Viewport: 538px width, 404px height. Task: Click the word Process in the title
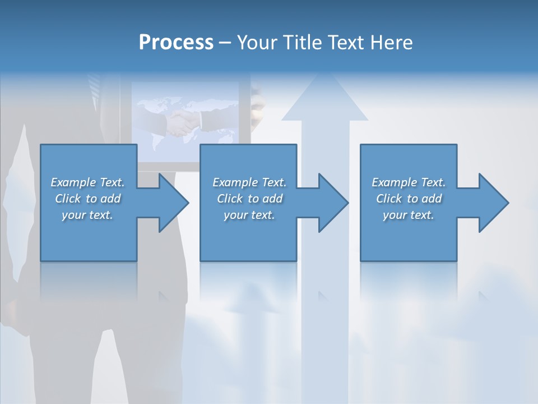pos(176,43)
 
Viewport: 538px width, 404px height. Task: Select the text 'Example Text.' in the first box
pos(87,182)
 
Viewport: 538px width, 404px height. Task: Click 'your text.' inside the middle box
pos(249,215)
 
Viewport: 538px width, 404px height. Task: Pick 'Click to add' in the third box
pos(409,199)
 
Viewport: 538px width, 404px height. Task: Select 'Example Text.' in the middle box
pos(249,182)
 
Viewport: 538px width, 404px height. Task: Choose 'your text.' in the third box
pos(409,215)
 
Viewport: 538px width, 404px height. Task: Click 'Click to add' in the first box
pos(87,199)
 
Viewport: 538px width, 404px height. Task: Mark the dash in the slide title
pos(225,43)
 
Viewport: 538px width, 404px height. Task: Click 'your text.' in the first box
pos(87,215)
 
